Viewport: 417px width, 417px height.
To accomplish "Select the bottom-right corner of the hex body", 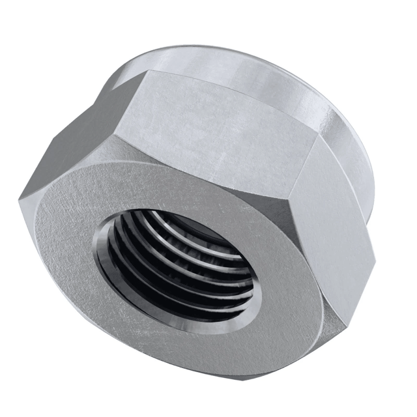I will pyautogui.click(x=339, y=326).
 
